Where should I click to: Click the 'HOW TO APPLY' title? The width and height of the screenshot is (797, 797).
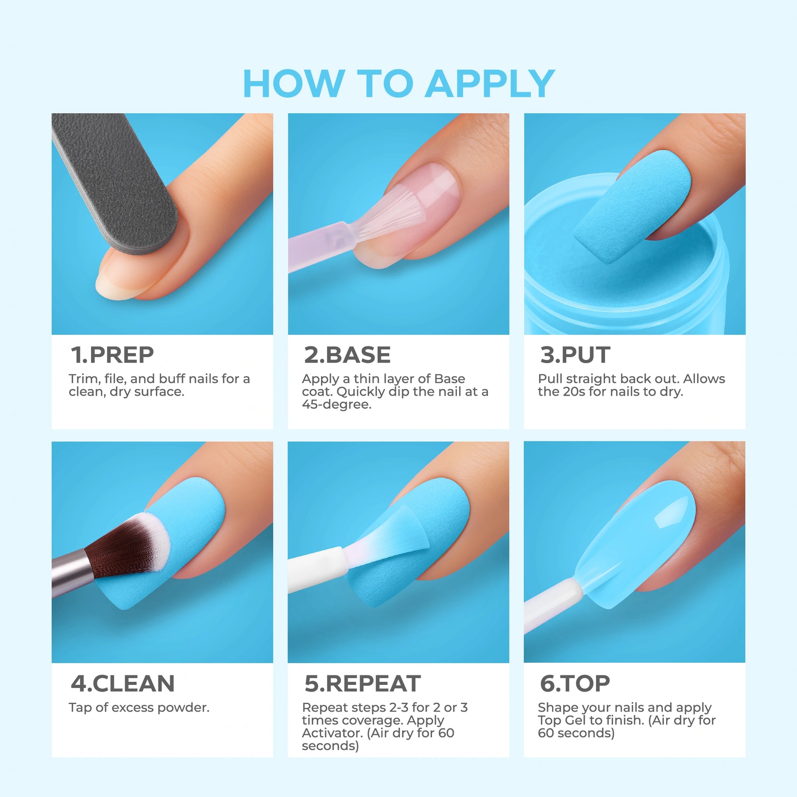coord(399,84)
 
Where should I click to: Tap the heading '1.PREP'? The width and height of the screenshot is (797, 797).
coord(112,355)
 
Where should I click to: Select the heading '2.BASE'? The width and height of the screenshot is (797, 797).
coord(348,355)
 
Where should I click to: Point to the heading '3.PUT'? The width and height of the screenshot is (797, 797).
coord(575,355)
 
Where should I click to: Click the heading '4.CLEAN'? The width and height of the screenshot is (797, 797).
coord(123,683)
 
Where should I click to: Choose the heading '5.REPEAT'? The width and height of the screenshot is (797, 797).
coord(363,683)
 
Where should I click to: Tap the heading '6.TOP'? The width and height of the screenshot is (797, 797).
coord(575,683)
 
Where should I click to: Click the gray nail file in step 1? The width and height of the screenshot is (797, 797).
coord(116,181)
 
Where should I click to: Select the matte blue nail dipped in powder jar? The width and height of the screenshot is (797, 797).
coord(633,206)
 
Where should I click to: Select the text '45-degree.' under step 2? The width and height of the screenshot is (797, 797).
coord(337,404)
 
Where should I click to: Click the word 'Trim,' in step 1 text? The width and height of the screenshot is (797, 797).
coord(84,379)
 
